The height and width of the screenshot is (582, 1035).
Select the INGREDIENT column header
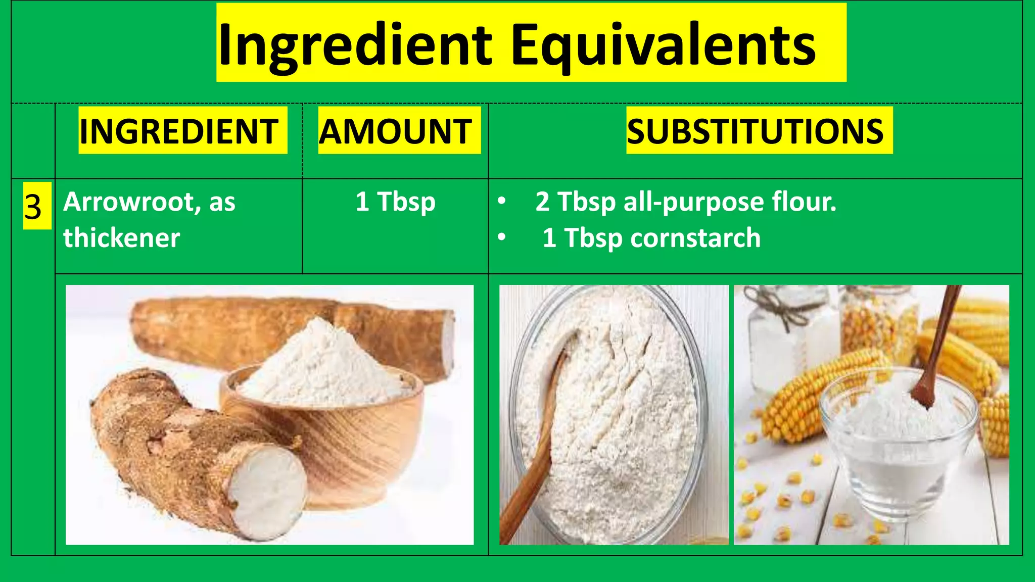pos(179,131)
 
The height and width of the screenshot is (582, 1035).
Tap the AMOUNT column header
pos(396,131)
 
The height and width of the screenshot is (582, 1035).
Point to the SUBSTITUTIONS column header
pos(755,131)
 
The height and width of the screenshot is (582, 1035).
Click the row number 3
pos(33,206)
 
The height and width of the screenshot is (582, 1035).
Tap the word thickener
pos(121,237)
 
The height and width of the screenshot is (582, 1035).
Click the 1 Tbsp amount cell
pos(395,202)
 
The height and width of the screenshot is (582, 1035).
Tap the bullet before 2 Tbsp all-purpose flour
pos(501,202)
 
